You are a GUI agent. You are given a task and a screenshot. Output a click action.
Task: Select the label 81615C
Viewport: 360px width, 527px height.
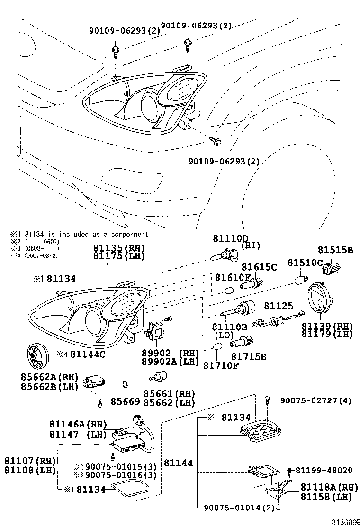click(x=259, y=268)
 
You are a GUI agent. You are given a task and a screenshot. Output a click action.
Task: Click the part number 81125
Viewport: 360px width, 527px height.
click(x=279, y=307)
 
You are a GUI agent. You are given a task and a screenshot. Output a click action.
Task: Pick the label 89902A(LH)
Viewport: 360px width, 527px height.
click(x=168, y=362)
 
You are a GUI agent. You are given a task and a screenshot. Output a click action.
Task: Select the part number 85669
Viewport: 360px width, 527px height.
click(x=125, y=402)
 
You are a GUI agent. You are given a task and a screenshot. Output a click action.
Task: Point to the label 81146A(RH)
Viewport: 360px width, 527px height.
click(x=78, y=424)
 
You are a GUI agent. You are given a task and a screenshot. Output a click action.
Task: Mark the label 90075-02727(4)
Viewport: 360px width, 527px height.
click(x=315, y=401)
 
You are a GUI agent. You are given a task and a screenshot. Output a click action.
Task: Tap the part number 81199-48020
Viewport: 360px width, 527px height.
click(x=324, y=470)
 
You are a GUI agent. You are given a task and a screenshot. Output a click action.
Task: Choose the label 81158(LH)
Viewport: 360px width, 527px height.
click(x=326, y=497)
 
